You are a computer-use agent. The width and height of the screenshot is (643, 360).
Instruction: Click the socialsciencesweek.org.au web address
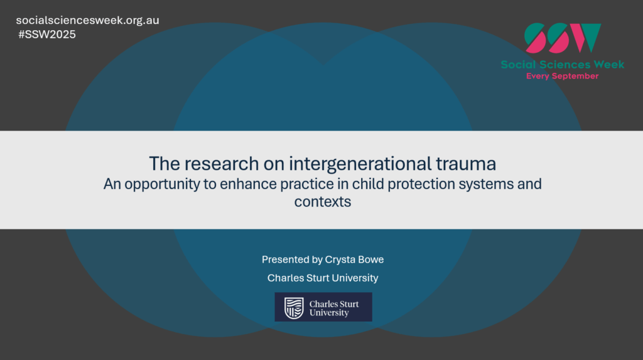pos(87,21)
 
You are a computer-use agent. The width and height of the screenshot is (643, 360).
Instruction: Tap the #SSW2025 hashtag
pos(46,35)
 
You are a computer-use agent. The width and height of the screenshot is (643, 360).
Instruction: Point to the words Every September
pos(562,76)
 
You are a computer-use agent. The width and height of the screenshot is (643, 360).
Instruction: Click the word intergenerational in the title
pos(360,164)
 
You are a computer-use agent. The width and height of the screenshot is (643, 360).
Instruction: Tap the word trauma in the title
pos(466,164)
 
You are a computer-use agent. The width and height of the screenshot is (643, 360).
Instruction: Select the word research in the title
pos(222,164)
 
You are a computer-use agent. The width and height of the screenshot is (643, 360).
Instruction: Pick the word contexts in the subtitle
pos(323,202)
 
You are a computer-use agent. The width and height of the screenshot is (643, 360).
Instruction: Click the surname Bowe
pos(370,259)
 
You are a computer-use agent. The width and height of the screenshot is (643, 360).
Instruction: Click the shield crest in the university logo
pos(294,308)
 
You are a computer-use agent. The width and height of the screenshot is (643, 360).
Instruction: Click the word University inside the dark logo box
pos(329,313)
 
